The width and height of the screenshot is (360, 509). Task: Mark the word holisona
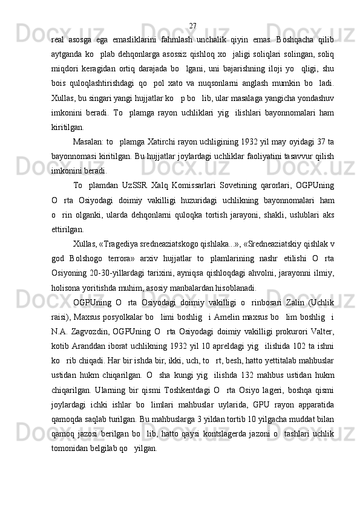[x=66, y=285]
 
